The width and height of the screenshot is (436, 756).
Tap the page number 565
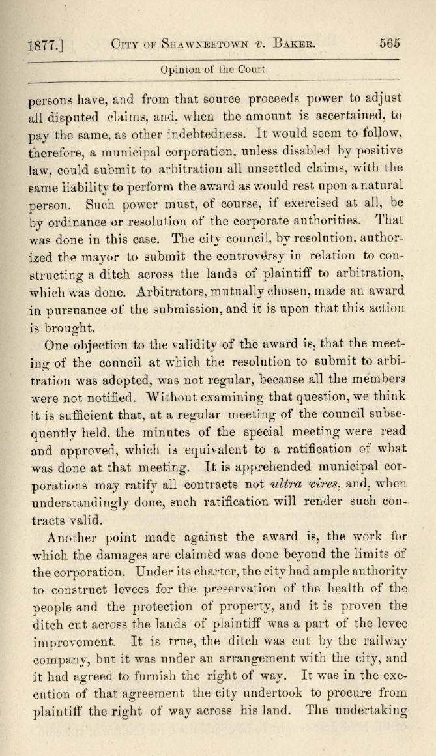(389, 44)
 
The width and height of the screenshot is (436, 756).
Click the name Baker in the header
(295, 44)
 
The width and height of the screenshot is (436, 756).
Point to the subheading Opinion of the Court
(214, 69)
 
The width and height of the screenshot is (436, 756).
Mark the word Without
(173, 396)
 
